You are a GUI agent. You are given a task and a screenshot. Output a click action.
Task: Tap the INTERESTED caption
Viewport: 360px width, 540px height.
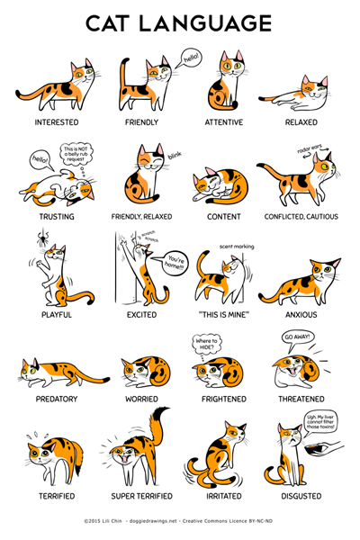pos(56,121)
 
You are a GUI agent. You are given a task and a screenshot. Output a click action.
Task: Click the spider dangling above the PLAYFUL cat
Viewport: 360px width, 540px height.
pos(42,241)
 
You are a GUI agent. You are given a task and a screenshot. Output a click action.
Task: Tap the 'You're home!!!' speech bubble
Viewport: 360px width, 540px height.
pos(176,265)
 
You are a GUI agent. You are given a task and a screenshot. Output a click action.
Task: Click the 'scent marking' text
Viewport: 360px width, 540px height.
pos(238,245)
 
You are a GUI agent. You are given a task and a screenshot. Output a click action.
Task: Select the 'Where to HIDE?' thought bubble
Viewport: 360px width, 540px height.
pos(207,344)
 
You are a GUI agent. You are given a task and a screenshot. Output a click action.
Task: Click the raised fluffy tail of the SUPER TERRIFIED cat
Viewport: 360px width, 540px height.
pos(158,423)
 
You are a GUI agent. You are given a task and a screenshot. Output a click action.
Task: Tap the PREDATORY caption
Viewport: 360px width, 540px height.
pos(56,399)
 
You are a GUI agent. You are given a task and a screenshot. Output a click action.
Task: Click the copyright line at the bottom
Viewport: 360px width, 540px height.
pos(180,520)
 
